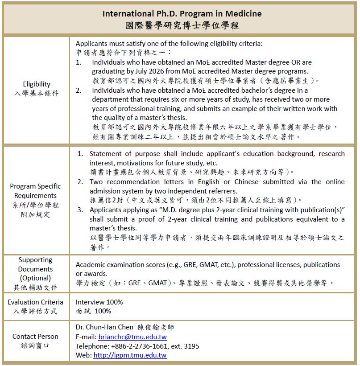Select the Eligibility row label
[36, 84]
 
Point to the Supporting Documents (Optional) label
[35, 269]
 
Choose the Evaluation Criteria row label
[35, 302]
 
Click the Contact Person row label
[35, 336]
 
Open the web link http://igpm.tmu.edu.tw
[130, 355]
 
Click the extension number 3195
[192, 346]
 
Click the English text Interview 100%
[99, 302]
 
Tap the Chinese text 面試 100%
[93, 311]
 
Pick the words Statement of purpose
[120, 154]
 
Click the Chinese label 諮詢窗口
[35, 345]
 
